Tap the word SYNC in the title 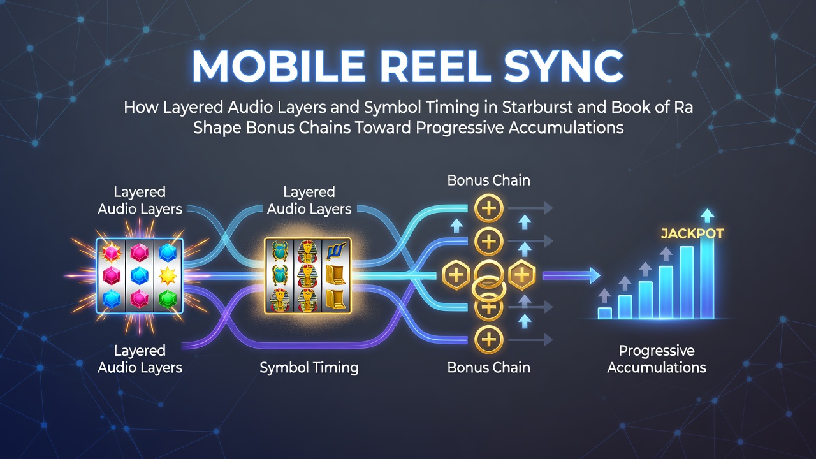pos(564,66)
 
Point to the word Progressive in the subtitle pos(460,128)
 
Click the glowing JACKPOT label pos(692,233)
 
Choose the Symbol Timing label pos(309,368)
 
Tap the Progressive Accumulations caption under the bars pos(657,359)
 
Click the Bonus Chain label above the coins pos(488,180)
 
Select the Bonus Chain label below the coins pos(488,367)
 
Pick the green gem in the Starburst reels pos(168,299)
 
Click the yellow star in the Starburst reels pos(168,275)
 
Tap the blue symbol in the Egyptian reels pos(336,252)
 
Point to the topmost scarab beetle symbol pos(279,251)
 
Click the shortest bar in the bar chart pos(605,313)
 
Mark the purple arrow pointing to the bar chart pos(571,276)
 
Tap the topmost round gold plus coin pos(489,208)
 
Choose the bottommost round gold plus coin pos(489,340)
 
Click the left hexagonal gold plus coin pos(456,275)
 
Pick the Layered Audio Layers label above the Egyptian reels pos(309,200)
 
